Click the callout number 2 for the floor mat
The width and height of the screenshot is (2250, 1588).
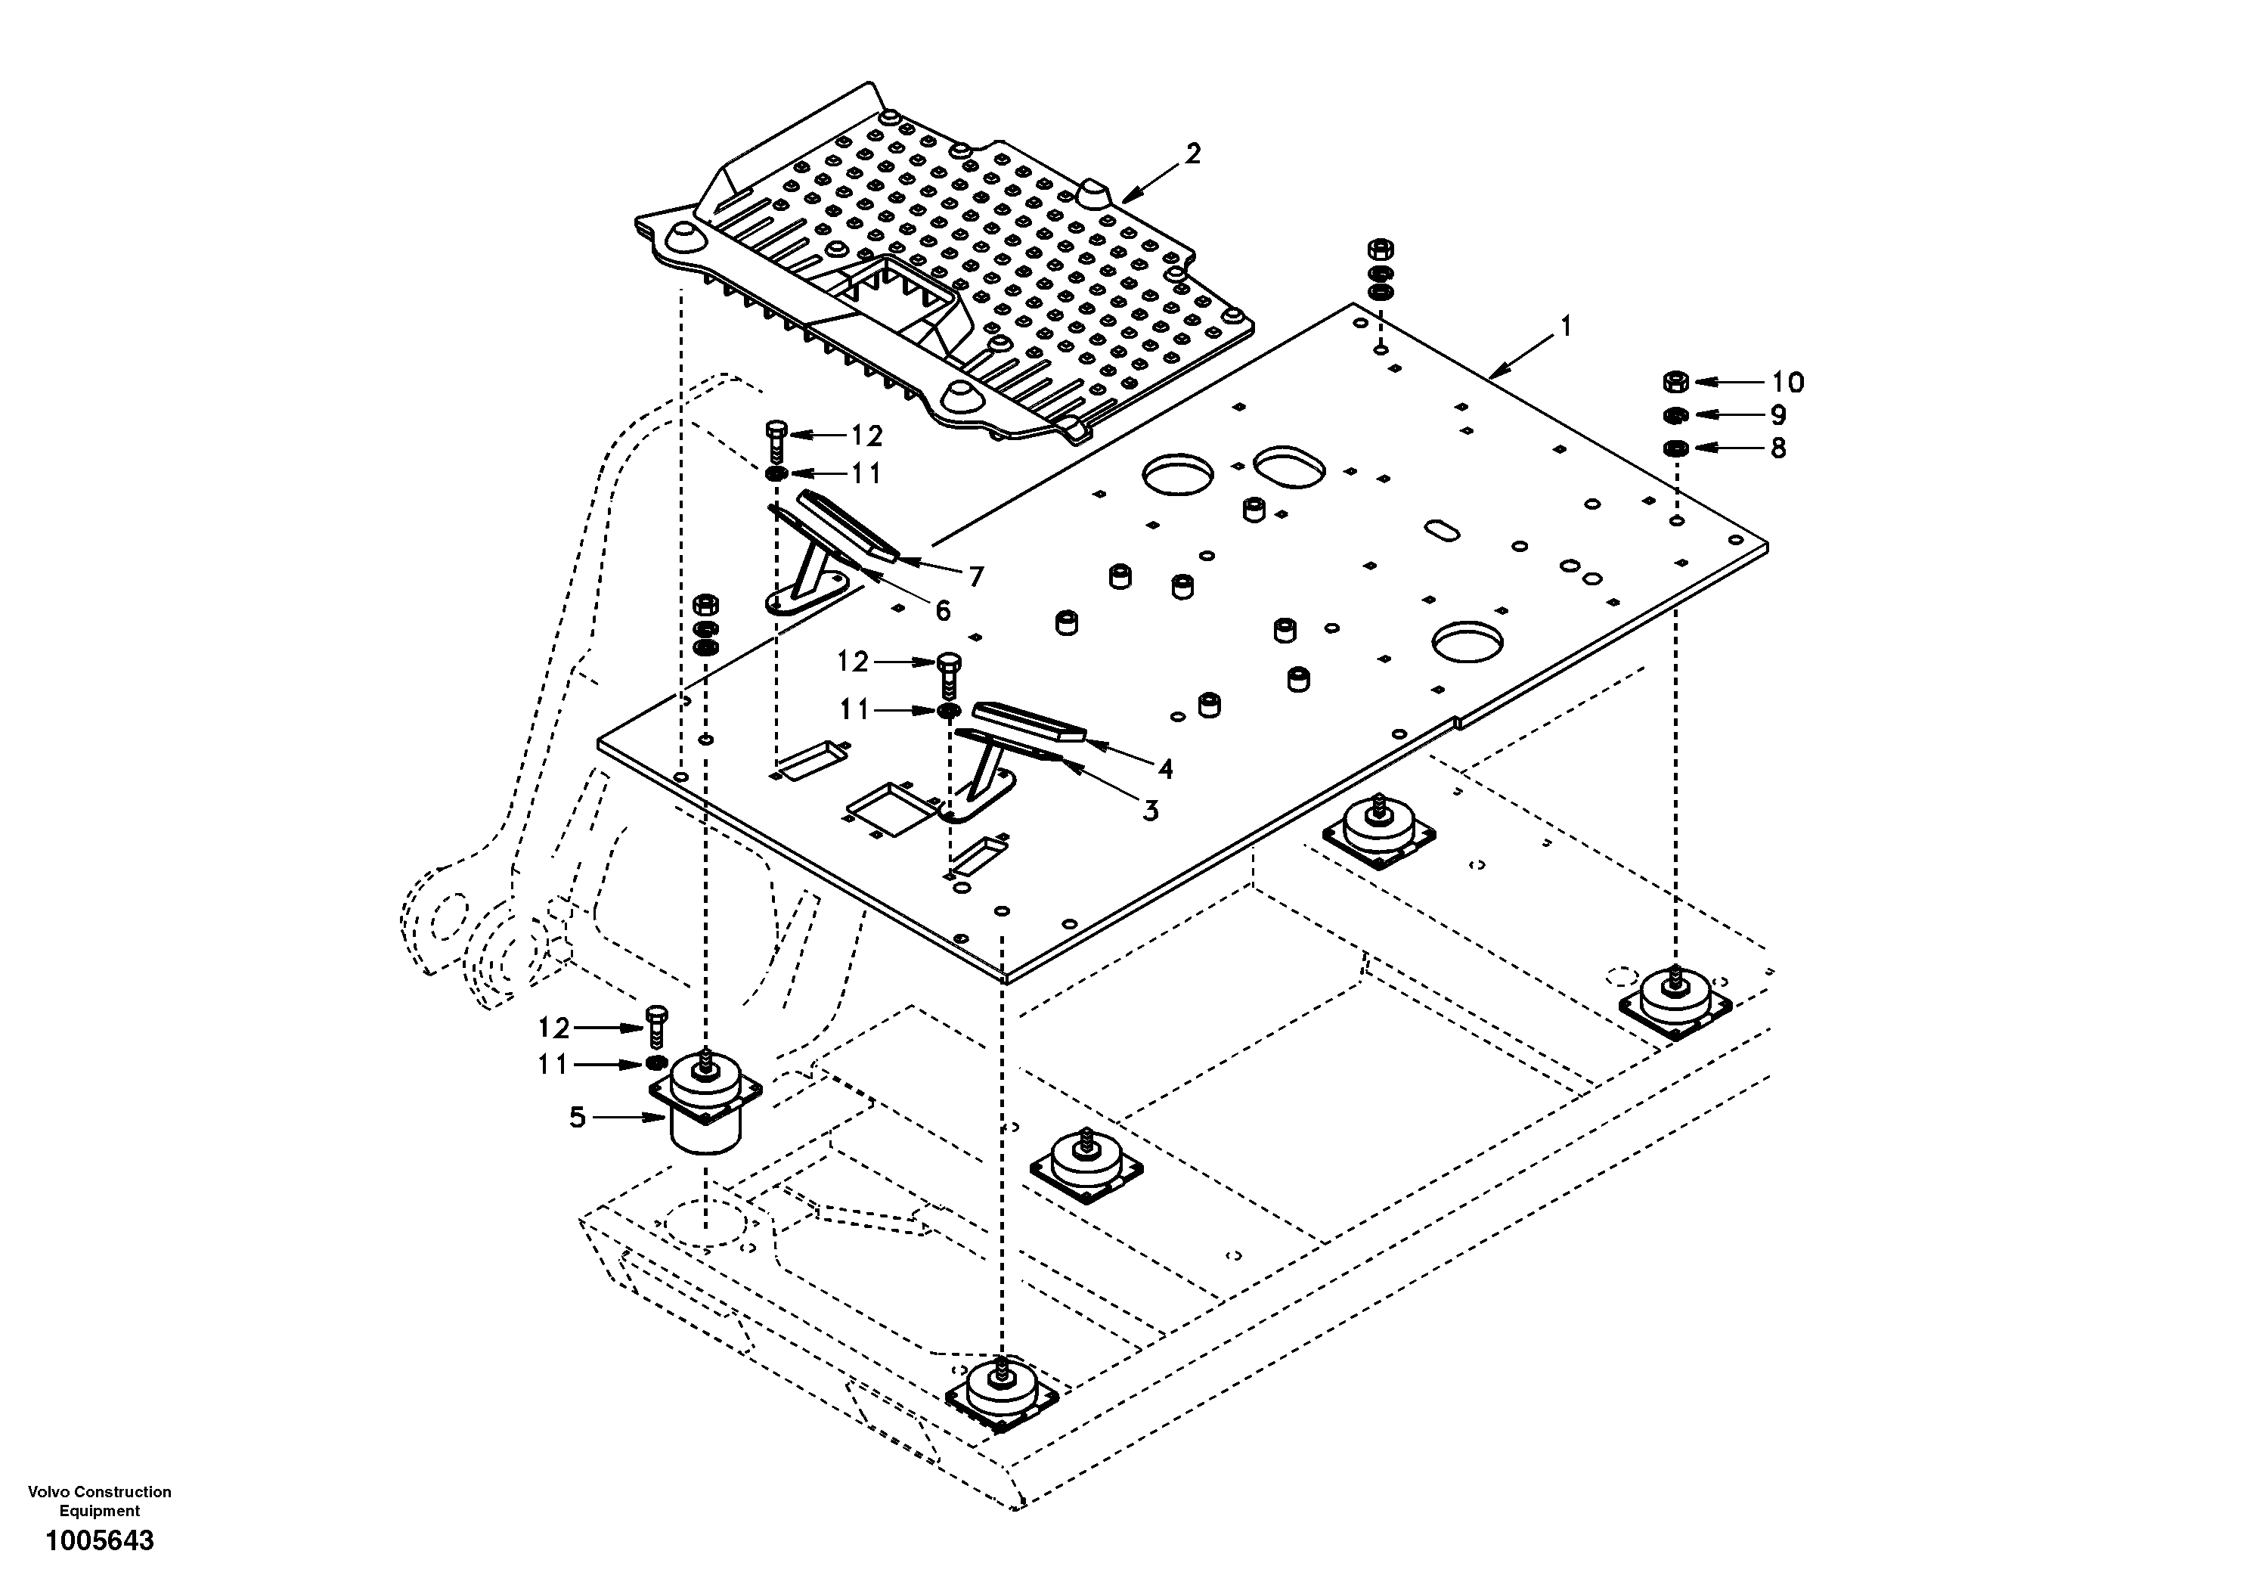coord(1192,154)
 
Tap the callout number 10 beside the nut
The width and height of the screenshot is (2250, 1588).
coord(1787,383)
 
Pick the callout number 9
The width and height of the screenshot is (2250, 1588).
coord(1777,414)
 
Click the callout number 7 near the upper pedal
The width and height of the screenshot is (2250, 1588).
coord(975,578)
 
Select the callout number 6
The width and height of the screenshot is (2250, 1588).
coord(942,611)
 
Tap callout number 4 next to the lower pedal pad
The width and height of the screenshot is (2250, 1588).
coord(1164,770)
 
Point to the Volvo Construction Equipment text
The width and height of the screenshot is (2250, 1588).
coord(100,1501)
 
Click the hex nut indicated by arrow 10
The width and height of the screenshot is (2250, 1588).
coord(1675,381)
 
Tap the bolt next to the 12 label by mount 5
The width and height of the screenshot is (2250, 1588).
coord(655,1025)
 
